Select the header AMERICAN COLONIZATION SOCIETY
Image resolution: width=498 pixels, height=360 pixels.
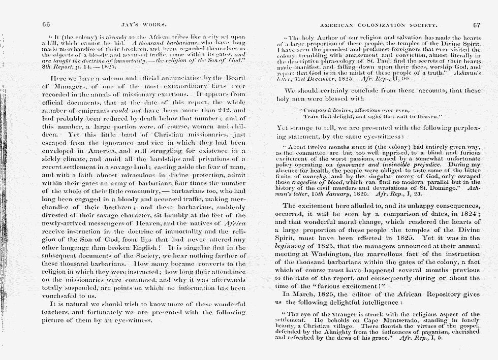pos(378,24)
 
